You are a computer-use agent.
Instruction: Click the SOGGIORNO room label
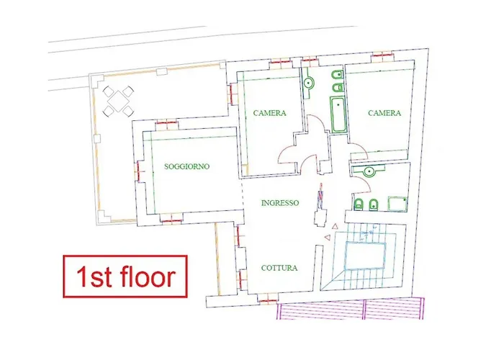187,166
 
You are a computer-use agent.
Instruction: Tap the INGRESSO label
279,203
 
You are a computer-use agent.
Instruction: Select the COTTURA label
279,268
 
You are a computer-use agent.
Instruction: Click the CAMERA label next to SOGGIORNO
270,113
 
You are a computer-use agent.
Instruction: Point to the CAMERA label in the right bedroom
384,113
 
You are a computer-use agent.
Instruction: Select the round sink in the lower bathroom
369,171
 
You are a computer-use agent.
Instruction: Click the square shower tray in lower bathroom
397,204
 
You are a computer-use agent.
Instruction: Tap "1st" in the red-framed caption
92,276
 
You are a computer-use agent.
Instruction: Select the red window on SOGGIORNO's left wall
138,170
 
